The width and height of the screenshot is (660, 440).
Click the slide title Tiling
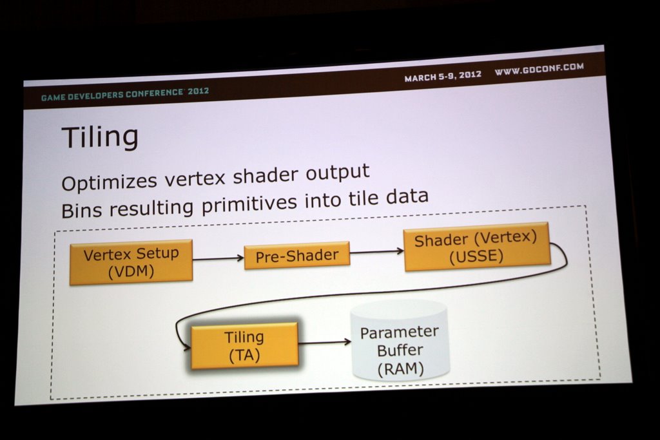point(100,137)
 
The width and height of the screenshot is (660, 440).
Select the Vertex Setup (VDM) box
point(131,262)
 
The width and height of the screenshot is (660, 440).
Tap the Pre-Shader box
point(297,256)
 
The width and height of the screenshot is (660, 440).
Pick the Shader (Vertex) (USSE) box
point(476,247)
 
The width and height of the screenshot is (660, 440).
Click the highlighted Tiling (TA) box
point(244,346)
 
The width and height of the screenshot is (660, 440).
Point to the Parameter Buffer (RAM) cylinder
point(400,341)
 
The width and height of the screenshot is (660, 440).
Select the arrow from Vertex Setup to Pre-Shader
point(218,258)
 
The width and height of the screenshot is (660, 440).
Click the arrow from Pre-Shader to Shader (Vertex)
point(376,251)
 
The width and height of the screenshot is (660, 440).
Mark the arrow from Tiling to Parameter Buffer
point(325,343)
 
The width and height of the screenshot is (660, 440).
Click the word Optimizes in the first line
point(110,182)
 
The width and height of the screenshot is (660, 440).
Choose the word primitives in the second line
point(249,204)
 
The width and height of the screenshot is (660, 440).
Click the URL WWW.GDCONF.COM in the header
point(539,68)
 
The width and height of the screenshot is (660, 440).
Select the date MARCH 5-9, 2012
point(443,76)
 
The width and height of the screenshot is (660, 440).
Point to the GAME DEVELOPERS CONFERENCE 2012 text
point(125,94)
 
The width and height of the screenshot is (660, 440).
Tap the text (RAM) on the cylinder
point(400,369)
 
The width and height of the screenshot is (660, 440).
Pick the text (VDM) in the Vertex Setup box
point(131,272)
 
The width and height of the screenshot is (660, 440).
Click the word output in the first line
point(338,173)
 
